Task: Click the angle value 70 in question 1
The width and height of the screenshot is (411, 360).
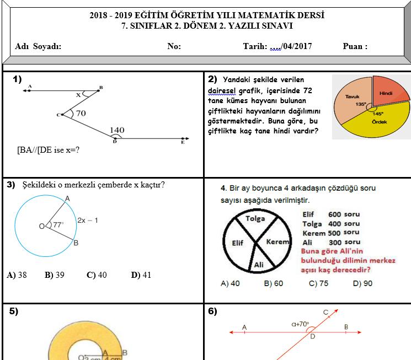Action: click(81, 114)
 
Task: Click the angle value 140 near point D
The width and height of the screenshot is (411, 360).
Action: click(117, 131)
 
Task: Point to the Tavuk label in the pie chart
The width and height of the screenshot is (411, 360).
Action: click(352, 96)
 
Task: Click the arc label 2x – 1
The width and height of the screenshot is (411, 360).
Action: click(88, 220)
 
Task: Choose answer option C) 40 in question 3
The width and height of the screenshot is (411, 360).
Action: click(97, 275)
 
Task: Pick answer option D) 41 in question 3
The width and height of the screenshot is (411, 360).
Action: click(141, 275)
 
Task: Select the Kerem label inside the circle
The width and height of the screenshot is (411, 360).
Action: click(277, 242)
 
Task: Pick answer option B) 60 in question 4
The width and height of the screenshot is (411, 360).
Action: click(273, 283)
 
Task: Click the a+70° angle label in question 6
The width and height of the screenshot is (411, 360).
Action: click(300, 324)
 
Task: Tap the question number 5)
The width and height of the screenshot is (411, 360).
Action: click(14, 311)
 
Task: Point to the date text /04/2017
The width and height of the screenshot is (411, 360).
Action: click(297, 46)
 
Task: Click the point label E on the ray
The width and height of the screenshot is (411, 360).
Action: click(183, 142)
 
